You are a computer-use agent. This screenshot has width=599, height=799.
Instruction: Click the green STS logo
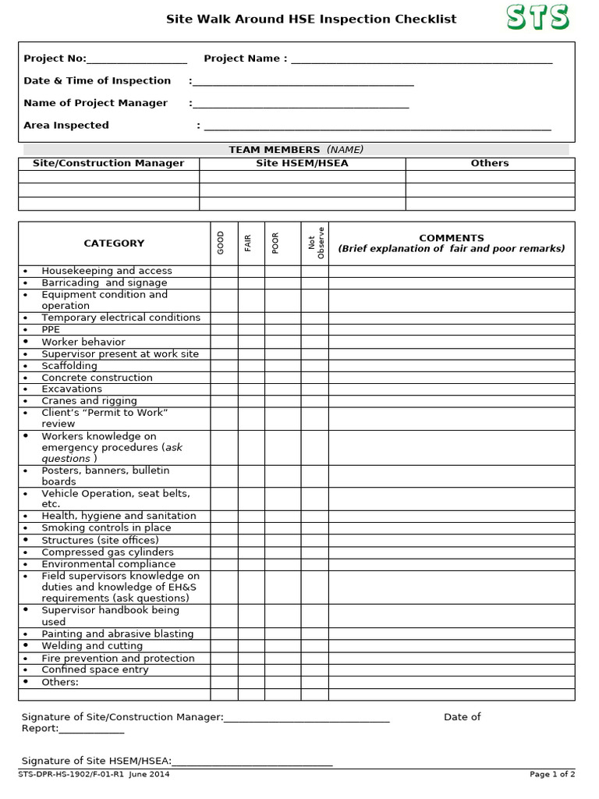click(537, 17)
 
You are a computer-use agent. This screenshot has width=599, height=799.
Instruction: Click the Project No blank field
click(136, 59)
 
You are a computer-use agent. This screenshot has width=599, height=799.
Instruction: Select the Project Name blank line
click(421, 59)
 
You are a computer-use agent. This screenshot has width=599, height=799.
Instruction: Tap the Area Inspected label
click(66, 125)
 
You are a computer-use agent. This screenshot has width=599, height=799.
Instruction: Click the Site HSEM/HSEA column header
click(302, 163)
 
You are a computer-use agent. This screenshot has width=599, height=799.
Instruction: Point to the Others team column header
click(490, 163)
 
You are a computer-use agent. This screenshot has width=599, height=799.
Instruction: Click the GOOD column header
click(221, 243)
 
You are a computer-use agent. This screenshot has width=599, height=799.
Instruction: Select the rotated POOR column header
click(275, 243)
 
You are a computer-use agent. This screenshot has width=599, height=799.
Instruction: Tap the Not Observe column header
click(315, 243)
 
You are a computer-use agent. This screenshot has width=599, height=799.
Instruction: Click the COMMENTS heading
click(451, 238)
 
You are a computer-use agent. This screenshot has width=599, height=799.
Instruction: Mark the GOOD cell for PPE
click(224, 329)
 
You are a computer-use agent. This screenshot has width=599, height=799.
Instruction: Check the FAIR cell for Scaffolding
click(251, 365)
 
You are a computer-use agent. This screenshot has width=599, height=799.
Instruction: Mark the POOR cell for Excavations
click(282, 389)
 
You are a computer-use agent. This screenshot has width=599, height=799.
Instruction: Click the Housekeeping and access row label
click(107, 271)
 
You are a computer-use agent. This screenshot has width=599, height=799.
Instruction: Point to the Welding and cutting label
click(92, 646)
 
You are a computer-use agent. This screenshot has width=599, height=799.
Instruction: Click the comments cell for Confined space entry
click(451, 669)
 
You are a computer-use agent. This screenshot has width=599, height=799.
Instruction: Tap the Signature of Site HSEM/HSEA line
click(252, 762)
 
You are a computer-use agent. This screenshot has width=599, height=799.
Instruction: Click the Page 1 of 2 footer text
click(552, 775)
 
